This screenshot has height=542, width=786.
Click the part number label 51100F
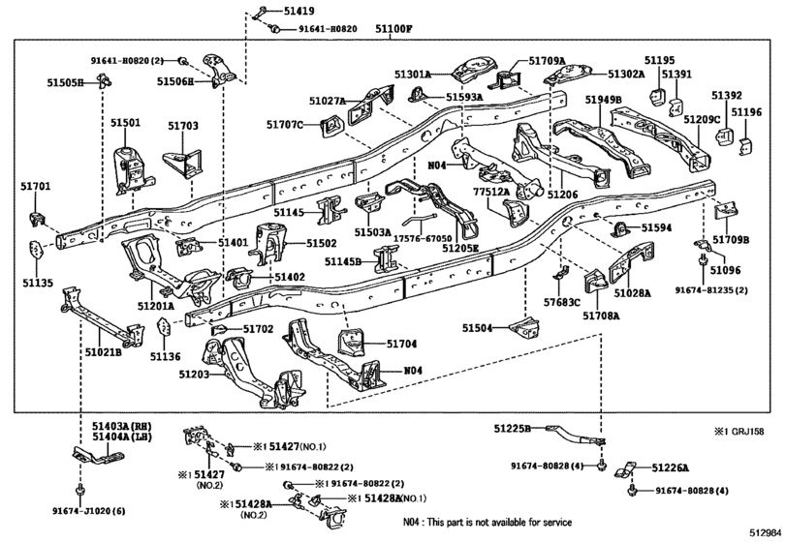coord(393,28)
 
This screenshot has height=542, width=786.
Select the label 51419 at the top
coord(299,11)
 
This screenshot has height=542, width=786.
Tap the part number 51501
coord(125,123)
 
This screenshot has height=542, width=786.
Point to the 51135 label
coord(37,284)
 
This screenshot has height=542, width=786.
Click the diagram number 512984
coord(765,531)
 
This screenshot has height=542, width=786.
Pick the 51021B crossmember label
coord(103,352)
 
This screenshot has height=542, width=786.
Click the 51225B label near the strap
coord(512,429)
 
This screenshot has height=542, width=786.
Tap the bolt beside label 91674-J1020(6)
coord(79,490)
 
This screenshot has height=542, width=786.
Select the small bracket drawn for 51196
coord(745,145)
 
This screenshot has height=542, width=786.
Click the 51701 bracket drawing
coord(37,219)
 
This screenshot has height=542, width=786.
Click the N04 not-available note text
coord(487,522)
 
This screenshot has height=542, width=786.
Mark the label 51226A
coord(671,467)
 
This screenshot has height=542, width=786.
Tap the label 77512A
coord(491,192)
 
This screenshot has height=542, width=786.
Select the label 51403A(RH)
coord(121,427)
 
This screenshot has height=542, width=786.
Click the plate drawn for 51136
coord(165,329)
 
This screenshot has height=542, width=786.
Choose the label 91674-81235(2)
coord(711,290)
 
